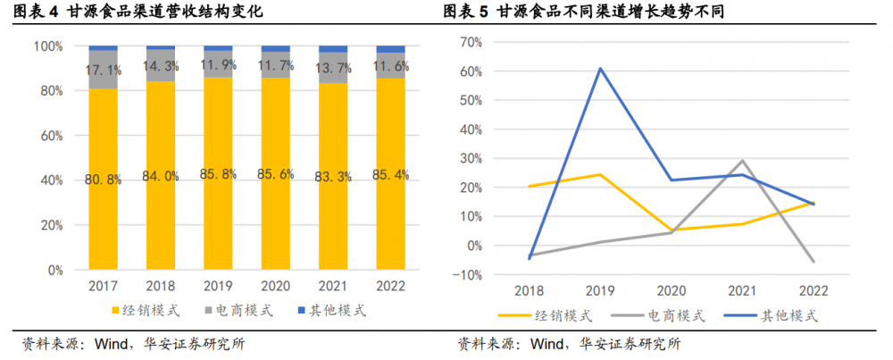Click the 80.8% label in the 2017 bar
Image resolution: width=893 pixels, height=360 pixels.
pos(103,180)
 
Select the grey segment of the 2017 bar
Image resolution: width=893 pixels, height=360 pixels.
pos(103,70)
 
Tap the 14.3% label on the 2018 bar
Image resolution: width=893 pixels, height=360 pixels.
pos(161,65)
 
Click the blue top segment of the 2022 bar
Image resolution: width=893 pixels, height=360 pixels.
pos(390,49)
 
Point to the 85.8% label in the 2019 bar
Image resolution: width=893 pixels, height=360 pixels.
pos(218,175)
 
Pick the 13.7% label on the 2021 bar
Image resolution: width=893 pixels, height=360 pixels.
pos(332,70)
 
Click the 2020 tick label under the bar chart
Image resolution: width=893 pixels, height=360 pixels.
pos(276,286)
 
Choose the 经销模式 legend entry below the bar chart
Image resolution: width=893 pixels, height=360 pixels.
pos(146,311)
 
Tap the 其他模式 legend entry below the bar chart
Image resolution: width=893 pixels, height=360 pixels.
pos(331,311)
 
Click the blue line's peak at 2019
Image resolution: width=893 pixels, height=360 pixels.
pos(600,69)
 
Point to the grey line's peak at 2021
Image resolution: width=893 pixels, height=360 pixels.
pos(743,160)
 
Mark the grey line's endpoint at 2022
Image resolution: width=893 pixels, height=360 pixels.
pos(814,262)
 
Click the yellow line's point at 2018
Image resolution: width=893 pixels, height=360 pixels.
pos(530,187)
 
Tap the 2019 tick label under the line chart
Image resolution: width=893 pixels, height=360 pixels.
pos(600,291)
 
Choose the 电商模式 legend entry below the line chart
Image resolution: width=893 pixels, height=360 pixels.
pos(658,315)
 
